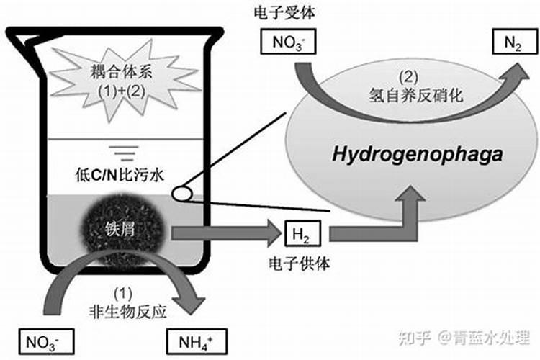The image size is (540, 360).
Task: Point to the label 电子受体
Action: [282, 13]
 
